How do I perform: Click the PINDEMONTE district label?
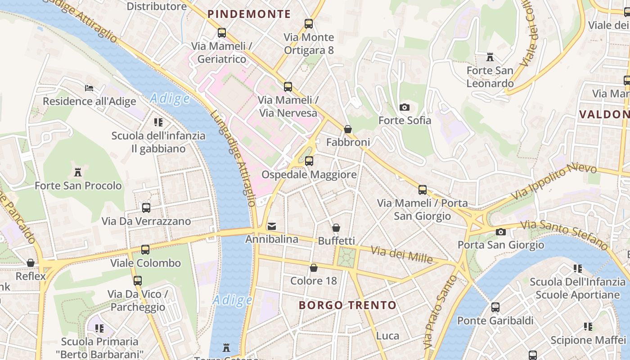point(249,14)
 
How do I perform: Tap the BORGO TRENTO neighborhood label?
point(347,305)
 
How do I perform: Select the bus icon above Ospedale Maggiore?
point(309,161)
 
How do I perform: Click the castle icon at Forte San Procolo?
point(78,172)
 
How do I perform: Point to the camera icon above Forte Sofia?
point(405,107)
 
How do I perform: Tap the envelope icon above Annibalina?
point(272,226)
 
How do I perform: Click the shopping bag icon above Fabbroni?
point(348,129)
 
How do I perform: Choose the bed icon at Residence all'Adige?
point(89,88)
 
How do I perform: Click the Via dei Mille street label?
point(402,255)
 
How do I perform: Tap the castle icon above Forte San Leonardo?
point(490,57)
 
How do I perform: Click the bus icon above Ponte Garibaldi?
point(495,307)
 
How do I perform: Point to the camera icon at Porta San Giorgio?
point(500,232)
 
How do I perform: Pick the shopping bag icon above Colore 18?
point(314,268)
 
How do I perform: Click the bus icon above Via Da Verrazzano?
point(146,208)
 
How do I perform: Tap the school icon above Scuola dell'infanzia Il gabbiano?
point(158,122)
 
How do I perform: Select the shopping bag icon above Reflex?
point(31,263)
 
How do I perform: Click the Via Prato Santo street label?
point(440,313)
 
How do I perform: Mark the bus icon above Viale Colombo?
point(145,250)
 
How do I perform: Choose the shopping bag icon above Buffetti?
point(336,228)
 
